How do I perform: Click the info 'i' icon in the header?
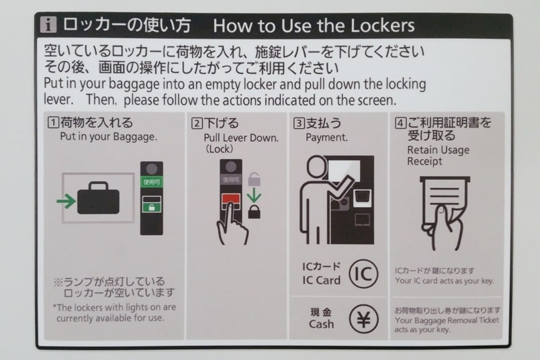click(x=48, y=25)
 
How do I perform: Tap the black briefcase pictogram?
click(x=98, y=198)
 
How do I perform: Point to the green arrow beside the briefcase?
click(x=66, y=201)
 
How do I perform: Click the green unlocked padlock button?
click(x=152, y=206)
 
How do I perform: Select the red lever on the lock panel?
click(x=231, y=199)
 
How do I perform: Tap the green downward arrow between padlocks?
click(x=254, y=195)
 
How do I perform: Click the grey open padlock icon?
click(x=254, y=179)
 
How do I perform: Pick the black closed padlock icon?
click(x=254, y=212)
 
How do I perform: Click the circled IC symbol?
click(x=363, y=274)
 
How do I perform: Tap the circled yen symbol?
click(x=363, y=319)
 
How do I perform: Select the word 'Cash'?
click(x=321, y=324)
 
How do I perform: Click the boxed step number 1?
click(x=53, y=123)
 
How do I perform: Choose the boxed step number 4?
click(x=400, y=123)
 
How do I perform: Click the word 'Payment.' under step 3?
click(x=326, y=138)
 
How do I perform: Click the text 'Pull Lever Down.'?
click(x=241, y=138)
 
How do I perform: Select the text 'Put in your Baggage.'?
click(x=109, y=137)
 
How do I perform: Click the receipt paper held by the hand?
click(x=445, y=199)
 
